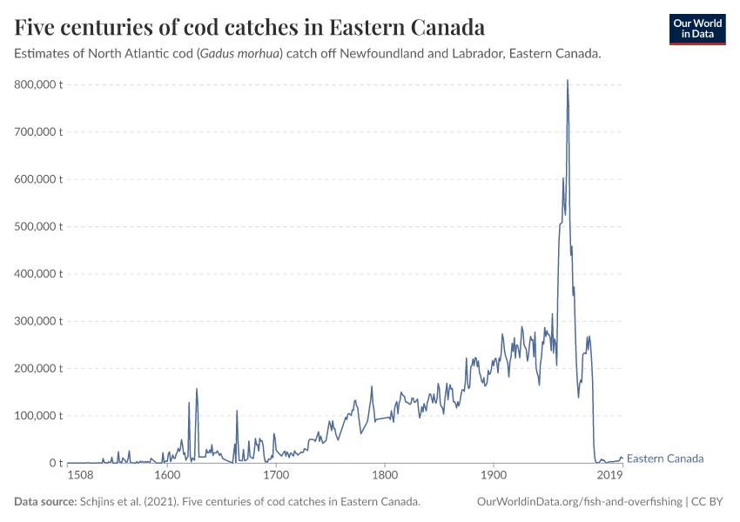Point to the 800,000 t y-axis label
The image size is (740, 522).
pos(39,84)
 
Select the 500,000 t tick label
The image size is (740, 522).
pos(39,226)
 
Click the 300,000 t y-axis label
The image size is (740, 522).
pos(39,321)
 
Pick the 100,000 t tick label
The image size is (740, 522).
pos(39,415)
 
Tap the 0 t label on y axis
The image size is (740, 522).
pos(54,463)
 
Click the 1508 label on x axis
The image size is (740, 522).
pos(80,475)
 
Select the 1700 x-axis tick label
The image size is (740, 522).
pos(276,475)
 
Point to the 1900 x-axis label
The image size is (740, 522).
pos(494,475)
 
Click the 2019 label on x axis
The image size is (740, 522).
pos(609,475)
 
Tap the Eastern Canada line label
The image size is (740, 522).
pos(665,458)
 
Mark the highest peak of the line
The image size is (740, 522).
pos(568,81)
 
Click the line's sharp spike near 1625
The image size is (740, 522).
pos(197,390)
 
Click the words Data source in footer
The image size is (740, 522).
pos(44,502)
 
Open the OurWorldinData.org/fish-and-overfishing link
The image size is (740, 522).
pos(580,502)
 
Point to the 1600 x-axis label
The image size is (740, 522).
pos(167,475)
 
